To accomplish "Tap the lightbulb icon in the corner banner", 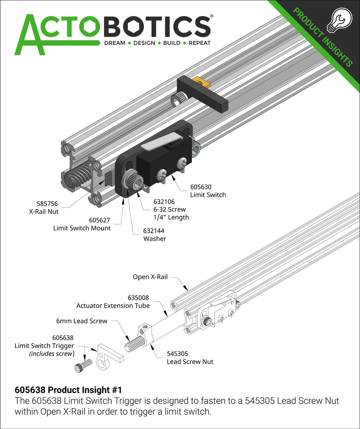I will click(337, 21).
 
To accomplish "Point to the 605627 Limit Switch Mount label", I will click(82, 224).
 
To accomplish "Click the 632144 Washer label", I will click(154, 235).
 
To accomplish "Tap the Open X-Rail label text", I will click(150, 276).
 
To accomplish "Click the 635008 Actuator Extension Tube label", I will click(113, 301).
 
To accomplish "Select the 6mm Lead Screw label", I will click(82, 321).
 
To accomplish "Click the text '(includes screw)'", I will click(52, 354).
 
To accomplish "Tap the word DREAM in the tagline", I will click(115, 43).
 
